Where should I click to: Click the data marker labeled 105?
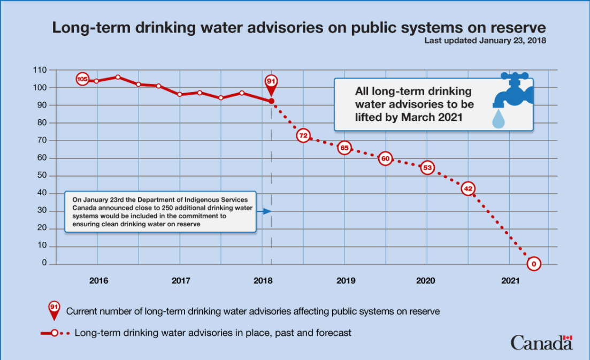pos(82,79)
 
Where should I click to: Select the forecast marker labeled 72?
pos(303,136)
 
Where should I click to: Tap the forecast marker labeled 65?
pos(344,148)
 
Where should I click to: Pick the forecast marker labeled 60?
pos(385,159)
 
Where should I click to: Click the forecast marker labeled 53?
pos(427,168)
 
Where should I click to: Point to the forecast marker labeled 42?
pos(468,189)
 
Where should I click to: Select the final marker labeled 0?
pos(533,264)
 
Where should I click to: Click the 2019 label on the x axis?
pos(344,280)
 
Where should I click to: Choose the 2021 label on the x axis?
pos(510,280)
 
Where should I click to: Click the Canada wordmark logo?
pos(541,342)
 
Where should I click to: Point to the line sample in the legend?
pos(55,333)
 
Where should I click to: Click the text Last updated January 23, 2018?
pos(485,40)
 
